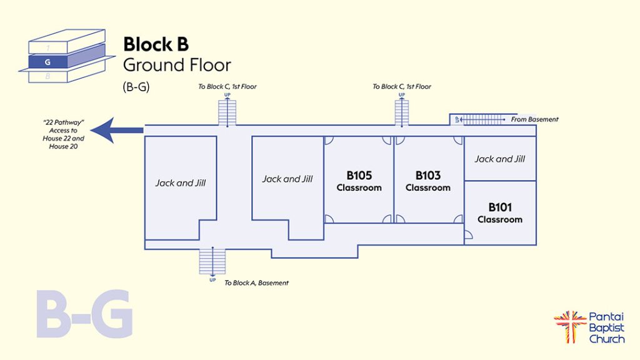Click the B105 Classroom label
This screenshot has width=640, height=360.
[359, 181]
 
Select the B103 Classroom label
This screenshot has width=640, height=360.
[428, 181]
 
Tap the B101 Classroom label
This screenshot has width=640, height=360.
[500, 212]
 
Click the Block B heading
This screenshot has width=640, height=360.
[156, 44]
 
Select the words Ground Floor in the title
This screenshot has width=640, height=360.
[177, 65]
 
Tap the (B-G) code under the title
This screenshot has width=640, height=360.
[136, 88]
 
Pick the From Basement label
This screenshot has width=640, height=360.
[534, 119]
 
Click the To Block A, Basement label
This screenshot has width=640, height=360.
[256, 283]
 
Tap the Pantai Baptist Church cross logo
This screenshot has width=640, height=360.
[569, 326]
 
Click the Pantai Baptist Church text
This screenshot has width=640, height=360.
[606, 328]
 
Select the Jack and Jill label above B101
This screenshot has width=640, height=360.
[500, 159]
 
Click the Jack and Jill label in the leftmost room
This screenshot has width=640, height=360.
[181, 183]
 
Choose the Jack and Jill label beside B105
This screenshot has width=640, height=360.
[287, 179]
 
